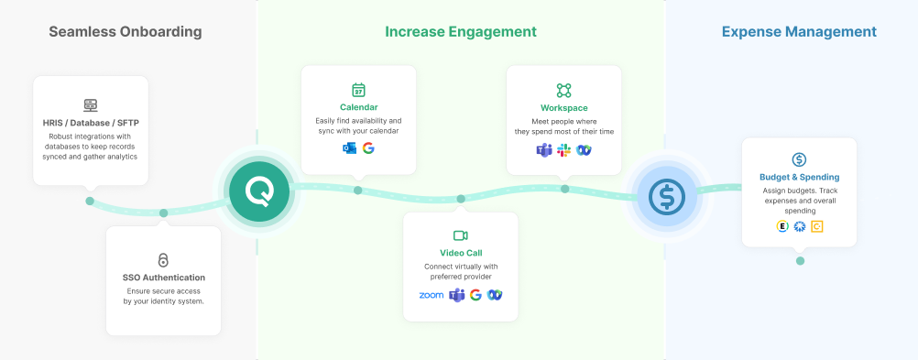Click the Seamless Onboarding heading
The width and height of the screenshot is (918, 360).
125,32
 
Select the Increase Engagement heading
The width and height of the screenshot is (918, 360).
460,32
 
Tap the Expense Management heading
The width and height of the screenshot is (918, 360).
799,32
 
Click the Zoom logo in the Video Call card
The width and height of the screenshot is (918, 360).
431,295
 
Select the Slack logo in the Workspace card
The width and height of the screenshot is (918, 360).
563,150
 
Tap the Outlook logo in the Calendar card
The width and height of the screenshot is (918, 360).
349,148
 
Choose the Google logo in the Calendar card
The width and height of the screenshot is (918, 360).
368,148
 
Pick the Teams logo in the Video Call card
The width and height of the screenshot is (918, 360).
456,295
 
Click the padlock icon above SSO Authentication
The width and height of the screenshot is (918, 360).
163,260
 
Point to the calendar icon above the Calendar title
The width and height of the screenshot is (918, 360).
358,90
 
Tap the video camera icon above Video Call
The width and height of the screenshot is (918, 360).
460,235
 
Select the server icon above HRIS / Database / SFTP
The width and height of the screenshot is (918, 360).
90,104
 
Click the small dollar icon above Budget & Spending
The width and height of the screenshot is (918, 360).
799,159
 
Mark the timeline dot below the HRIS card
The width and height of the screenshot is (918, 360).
90,201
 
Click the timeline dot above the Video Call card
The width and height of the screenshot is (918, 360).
461,199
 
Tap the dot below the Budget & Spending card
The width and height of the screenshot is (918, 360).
800,261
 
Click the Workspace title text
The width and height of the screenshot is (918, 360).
563,108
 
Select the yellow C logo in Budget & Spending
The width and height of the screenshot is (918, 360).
817,226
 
